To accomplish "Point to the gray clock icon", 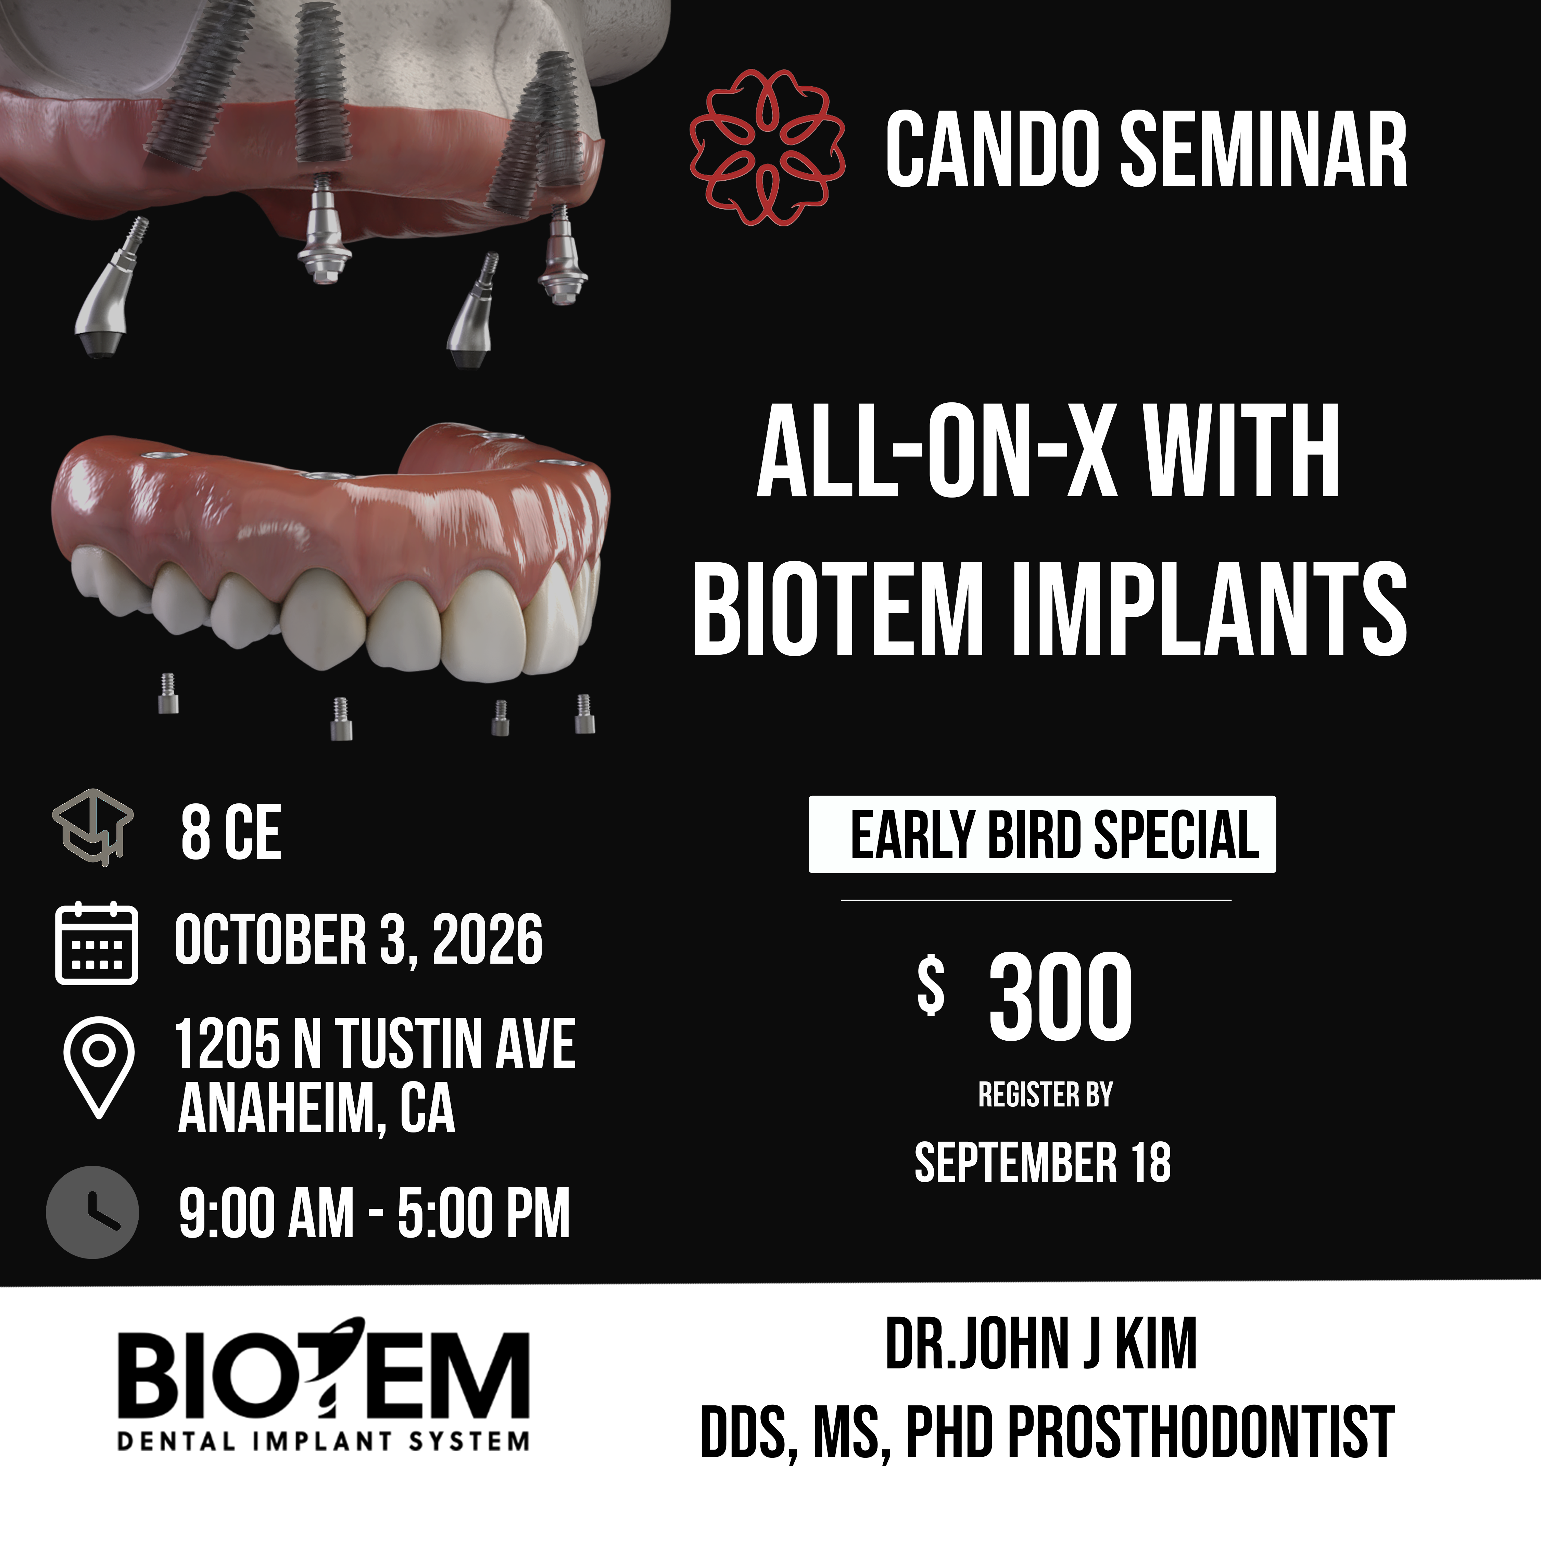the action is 92,1212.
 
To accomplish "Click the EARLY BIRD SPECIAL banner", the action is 1042,834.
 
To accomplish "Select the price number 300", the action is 1060,997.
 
